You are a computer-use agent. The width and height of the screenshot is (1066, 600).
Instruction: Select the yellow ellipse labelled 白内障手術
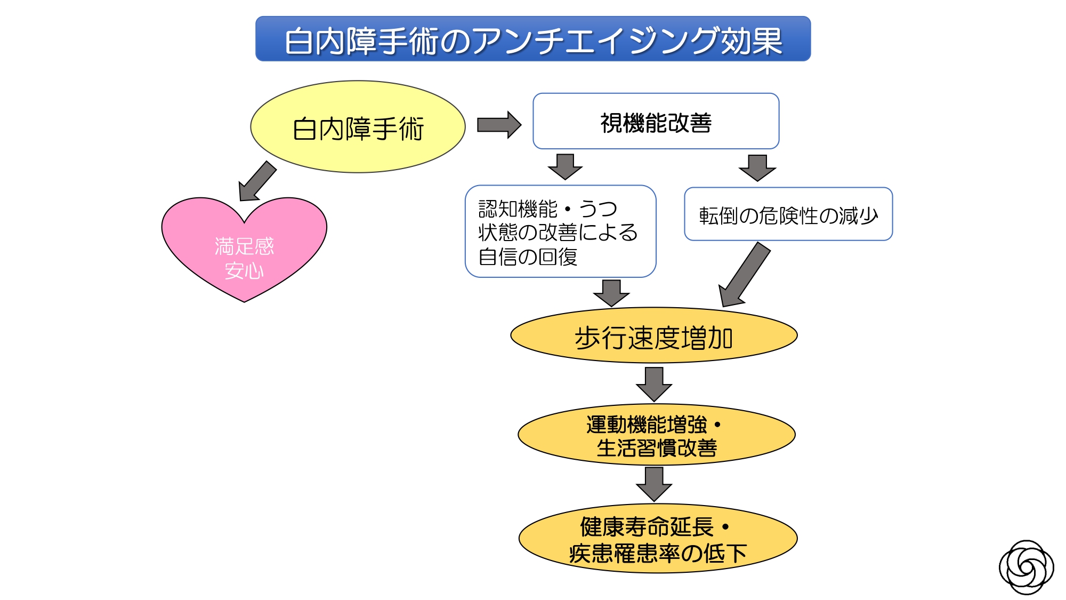(x=358, y=127)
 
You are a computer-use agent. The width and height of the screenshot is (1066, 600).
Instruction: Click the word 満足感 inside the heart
(x=244, y=246)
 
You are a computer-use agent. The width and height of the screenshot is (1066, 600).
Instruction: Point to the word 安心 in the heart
(x=244, y=271)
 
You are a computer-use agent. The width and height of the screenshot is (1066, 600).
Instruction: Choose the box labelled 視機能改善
(x=656, y=122)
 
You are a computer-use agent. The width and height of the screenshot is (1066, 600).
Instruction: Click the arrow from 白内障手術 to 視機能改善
(x=498, y=125)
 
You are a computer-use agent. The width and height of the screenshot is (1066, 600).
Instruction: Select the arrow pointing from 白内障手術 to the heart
(x=257, y=181)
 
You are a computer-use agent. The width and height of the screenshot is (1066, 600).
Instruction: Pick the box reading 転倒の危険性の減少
(x=788, y=214)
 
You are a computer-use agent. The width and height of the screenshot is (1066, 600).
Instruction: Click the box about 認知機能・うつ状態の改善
(x=560, y=231)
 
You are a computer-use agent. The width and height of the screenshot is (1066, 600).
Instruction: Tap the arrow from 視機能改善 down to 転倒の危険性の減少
(x=757, y=167)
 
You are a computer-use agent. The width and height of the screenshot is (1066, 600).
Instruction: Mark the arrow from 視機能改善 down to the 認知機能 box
(x=565, y=166)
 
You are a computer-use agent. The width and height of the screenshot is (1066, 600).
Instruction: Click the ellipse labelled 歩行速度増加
(x=653, y=336)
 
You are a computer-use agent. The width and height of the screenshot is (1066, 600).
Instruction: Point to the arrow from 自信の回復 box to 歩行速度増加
(x=611, y=292)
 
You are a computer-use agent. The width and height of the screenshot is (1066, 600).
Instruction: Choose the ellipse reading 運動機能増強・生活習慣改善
(x=656, y=435)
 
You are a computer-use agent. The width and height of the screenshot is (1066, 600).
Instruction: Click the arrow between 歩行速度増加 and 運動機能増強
(x=654, y=383)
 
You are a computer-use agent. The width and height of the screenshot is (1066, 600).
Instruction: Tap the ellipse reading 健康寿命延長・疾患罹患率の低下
(x=657, y=539)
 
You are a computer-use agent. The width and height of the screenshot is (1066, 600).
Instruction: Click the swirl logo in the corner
(x=1025, y=567)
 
